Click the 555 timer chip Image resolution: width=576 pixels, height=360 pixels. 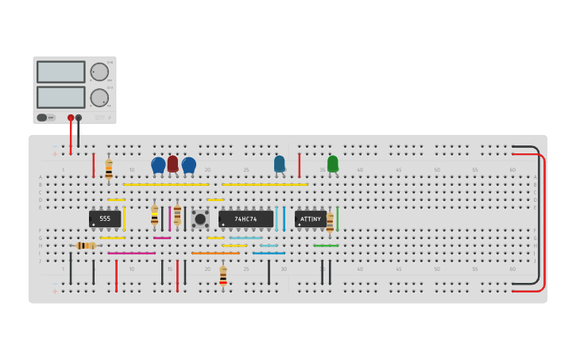105,219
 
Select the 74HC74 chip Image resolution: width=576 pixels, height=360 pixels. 245,219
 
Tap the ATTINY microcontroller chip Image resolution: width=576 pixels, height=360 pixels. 310,219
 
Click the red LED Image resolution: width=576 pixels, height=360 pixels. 172,164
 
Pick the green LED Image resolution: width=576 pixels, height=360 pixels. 332,164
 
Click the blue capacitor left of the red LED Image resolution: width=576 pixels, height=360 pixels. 158,165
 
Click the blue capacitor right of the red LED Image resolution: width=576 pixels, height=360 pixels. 188,165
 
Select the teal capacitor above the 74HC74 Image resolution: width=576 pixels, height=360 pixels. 279,164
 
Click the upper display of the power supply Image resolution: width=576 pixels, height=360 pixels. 60,72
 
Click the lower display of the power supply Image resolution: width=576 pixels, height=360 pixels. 60,97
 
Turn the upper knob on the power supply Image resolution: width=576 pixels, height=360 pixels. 99,72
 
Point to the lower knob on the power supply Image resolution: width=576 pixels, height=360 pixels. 99,98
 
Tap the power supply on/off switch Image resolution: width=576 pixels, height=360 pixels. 47,118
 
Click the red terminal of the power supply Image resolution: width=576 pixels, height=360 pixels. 71,118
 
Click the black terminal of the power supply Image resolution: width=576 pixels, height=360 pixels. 78,118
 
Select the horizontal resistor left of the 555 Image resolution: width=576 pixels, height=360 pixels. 86,246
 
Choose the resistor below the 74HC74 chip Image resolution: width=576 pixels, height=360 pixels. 223,276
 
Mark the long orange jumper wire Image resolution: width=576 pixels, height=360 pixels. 215,254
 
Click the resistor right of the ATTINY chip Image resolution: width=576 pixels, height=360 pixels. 330,222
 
